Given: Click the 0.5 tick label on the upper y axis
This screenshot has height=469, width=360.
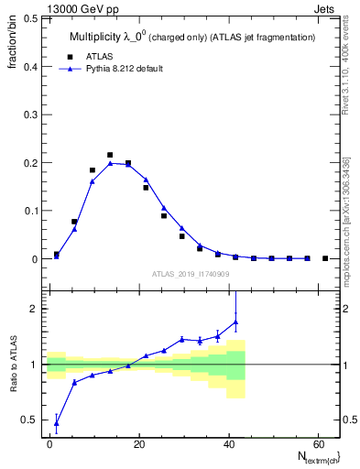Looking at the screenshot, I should click(x=29, y=18).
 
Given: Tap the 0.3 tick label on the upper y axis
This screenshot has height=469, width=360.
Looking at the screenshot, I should click(x=29, y=115).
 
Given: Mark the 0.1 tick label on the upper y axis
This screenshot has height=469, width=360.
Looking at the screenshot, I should click(x=29, y=211).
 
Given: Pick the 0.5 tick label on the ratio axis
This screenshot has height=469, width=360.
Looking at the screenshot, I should click(x=29, y=420).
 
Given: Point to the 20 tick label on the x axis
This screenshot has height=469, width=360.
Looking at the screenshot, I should click(x=137, y=445).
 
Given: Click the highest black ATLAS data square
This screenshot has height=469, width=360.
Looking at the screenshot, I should click(x=110, y=155).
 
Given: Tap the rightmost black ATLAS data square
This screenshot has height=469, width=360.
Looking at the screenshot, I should click(x=325, y=258).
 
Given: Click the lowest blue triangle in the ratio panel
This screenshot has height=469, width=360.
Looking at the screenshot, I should click(x=57, y=423).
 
